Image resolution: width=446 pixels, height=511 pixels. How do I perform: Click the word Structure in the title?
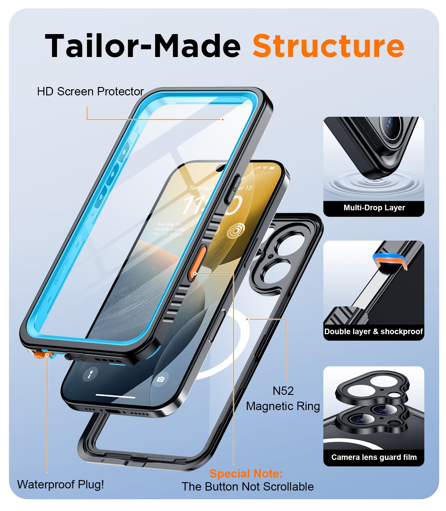click(328, 46)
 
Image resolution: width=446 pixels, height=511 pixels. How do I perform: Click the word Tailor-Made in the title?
click(142, 46)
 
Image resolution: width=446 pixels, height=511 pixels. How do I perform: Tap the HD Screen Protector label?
click(90, 92)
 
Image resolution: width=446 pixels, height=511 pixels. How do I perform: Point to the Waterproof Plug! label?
click(60, 484)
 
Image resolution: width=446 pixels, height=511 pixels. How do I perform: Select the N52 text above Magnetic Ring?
click(283, 391)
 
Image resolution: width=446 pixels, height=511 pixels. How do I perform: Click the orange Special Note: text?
click(246, 474)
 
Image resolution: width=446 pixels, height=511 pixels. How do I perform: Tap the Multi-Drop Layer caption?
click(374, 208)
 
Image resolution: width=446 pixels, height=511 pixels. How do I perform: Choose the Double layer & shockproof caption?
click(373, 332)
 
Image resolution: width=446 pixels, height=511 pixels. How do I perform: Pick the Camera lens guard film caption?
click(374, 457)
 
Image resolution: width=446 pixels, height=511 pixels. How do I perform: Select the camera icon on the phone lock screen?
click(160, 379)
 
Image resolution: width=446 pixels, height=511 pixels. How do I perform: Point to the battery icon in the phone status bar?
click(273, 168)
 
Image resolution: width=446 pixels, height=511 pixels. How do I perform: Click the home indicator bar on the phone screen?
click(115, 396)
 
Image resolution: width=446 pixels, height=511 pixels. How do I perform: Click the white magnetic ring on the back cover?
click(217, 372)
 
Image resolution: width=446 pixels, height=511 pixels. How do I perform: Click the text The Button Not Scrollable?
click(247, 487)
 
